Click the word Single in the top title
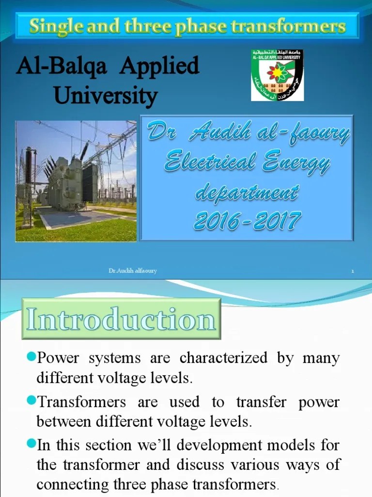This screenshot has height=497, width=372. [x=52, y=26]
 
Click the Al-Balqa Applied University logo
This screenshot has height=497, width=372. [x=277, y=75]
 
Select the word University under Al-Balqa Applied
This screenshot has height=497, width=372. [x=106, y=95]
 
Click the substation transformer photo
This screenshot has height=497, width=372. [x=76, y=181]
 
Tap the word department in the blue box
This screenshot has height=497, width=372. [x=246, y=193]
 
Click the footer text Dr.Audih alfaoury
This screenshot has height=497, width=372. [x=132, y=271]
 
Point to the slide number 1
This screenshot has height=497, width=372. [x=353, y=271]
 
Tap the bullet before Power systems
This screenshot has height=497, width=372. [x=31, y=358]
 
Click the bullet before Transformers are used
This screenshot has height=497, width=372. [x=31, y=401]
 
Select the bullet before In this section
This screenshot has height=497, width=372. [x=31, y=444]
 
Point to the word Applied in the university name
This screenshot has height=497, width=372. [x=159, y=66]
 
